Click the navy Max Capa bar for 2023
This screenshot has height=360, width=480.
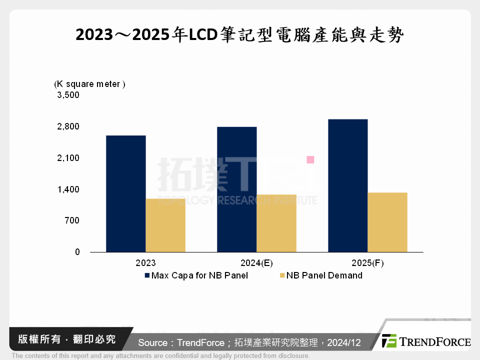tap(126, 193)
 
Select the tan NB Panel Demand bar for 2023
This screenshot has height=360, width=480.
tap(165, 225)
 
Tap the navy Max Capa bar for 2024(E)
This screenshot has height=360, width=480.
tap(237, 189)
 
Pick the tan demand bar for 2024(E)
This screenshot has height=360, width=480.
tap(276, 223)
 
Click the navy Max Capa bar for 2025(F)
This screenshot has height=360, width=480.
tap(348, 185)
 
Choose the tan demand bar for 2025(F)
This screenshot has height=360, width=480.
tap(387, 222)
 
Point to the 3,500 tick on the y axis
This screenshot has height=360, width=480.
tap(68, 95)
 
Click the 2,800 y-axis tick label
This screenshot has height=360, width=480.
tap(68, 126)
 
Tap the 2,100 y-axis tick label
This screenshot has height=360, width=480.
tap(68, 158)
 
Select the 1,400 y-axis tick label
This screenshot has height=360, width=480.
tap(68, 189)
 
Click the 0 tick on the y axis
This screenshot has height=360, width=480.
tap(77, 252)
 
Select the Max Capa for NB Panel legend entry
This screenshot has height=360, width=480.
tap(196, 275)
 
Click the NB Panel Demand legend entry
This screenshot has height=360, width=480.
tap(321, 275)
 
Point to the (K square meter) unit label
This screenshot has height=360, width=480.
tap(89, 84)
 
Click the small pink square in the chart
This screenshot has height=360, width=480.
tap(310, 159)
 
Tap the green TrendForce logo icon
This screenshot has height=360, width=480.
tap(389, 341)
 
